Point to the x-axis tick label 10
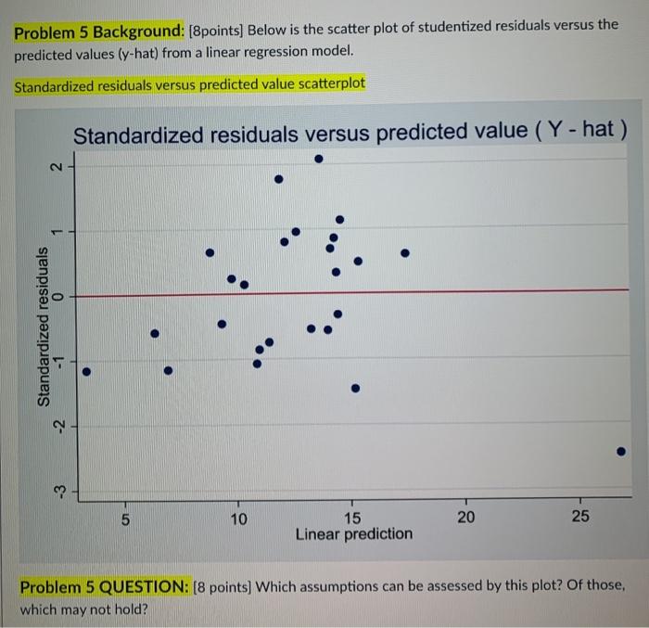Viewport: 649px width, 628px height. click(239, 518)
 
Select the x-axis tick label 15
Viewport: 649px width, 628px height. click(353, 518)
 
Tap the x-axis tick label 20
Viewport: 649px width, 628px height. click(466, 518)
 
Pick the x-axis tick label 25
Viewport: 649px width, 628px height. click(579, 518)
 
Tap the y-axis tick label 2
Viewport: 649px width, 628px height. click(57, 169)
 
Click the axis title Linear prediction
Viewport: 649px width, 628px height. click(353, 534)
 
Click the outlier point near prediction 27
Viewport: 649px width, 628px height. click(622, 452)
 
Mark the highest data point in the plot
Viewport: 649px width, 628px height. click(319, 159)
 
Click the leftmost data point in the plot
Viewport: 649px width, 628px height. click(86, 373)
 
